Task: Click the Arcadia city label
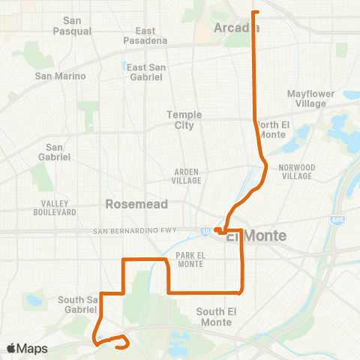pos(236,28)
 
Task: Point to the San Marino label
pos(60,76)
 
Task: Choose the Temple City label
pos(180,119)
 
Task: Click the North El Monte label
pos(279,128)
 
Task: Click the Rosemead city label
pos(130,203)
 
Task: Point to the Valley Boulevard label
pos(55,208)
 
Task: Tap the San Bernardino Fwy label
pos(135,230)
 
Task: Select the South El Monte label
pos(217,316)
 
